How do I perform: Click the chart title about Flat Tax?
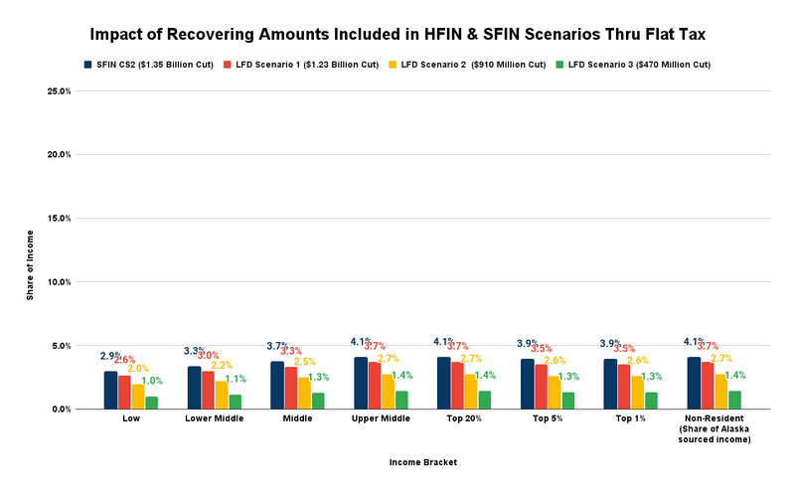[397, 33]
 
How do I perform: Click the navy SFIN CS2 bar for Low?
[111, 391]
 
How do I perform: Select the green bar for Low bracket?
[152, 403]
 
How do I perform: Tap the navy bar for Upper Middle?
[361, 383]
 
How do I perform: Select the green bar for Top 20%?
[484, 400]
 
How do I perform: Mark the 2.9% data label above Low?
[110, 356]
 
